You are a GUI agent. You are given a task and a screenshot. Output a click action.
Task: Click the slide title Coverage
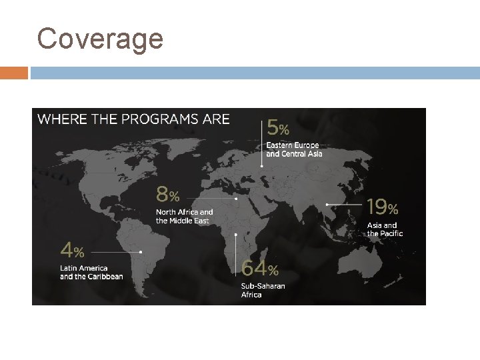pyautogui.click(x=100, y=39)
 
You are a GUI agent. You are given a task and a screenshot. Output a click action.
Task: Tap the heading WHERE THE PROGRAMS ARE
pyautogui.click(x=133, y=120)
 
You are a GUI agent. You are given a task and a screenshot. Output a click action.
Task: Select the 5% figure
pyautogui.click(x=278, y=127)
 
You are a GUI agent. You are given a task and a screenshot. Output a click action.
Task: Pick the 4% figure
pyautogui.click(x=72, y=251)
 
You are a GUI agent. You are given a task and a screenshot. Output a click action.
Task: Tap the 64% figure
pyautogui.click(x=260, y=269)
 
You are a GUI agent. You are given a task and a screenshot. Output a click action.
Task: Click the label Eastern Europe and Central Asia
pyautogui.click(x=294, y=149)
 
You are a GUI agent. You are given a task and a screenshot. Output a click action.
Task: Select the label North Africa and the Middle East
pyautogui.click(x=185, y=216)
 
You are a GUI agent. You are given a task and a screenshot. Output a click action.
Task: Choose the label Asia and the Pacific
pyautogui.click(x=385, y=229)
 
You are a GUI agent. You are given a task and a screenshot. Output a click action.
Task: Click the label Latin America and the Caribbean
pyautogui.click(x=91, y=272)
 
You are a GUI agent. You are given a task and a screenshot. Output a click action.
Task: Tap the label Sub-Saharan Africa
pyautogui.click(x=263, y=290)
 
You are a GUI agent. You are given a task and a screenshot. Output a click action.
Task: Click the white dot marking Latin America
pyautogui.click(x=141, y=252)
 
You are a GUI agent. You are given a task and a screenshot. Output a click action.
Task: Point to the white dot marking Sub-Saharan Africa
pyautogui.click(x=237, y=235)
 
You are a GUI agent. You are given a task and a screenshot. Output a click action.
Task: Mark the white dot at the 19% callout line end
pyautogui.click(x=327, y=204)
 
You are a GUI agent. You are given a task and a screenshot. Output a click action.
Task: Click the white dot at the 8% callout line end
pyautogui.click(x=236, y=198)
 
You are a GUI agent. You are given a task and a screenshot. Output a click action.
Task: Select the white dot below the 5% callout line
pyautogui.click(x=261, y=166)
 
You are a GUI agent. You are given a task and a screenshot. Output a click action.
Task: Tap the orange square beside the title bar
pyautogui.click(x=14, y=73)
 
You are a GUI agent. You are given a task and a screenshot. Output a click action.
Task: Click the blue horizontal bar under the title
pyautogui.click(x=253, y=73)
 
